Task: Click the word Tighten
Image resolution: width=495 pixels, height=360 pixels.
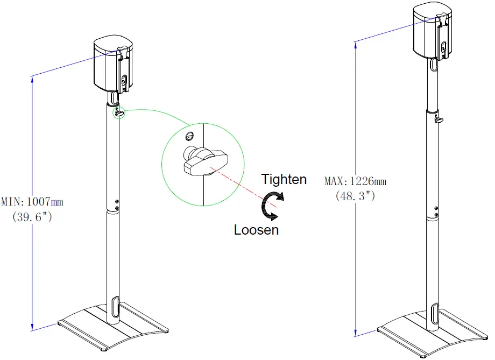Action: [x=284, y=179]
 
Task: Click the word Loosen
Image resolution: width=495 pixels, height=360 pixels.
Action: [x=256, y=230]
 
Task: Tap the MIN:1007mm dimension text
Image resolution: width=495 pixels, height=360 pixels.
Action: [x=32, y=202]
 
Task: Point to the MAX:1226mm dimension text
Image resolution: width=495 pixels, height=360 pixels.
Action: [x=355, y=181]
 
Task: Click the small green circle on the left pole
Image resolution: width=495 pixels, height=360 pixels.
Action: [x=118, y=113]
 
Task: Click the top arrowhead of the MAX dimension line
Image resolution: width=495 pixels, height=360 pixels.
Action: [x=356, y=45]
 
